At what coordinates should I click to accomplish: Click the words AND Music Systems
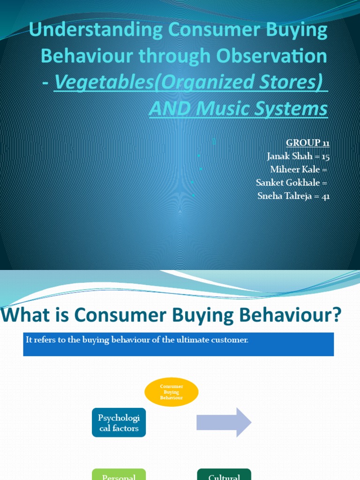(238, 109)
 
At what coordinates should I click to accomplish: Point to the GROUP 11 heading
(307, 143)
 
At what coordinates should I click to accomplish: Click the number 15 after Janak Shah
(325, 157)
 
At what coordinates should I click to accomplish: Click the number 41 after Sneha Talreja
(325, 196)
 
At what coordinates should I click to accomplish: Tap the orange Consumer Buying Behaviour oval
(172, 392)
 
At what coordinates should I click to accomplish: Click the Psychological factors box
(119, 422)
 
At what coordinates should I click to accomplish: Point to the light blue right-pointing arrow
(224, 422)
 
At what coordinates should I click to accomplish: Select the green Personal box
(119, 474)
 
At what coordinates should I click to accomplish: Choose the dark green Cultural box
(224, 474)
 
